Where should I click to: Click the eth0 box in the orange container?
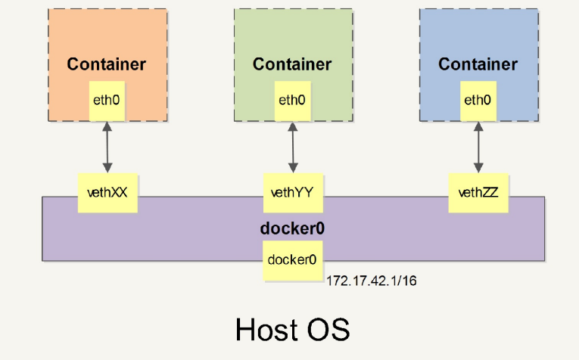[107, 100]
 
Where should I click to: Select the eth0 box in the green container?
[291, 100]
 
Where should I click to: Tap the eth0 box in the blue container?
[477, 100]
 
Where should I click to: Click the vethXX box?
[107, 192]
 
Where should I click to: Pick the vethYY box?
[291, 192]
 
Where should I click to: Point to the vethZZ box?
[477, 192]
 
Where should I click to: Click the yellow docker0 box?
[291, 260]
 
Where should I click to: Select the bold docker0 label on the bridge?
[291, 228]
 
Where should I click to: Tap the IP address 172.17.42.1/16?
[372, 281]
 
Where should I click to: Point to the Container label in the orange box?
[107, 64]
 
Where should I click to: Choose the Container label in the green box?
[292, 64]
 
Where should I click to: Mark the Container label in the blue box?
[477, 64]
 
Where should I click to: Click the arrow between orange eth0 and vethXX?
[107, 147]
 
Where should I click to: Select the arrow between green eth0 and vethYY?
[292, 147]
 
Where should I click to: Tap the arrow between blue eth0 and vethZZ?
[478, 147]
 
